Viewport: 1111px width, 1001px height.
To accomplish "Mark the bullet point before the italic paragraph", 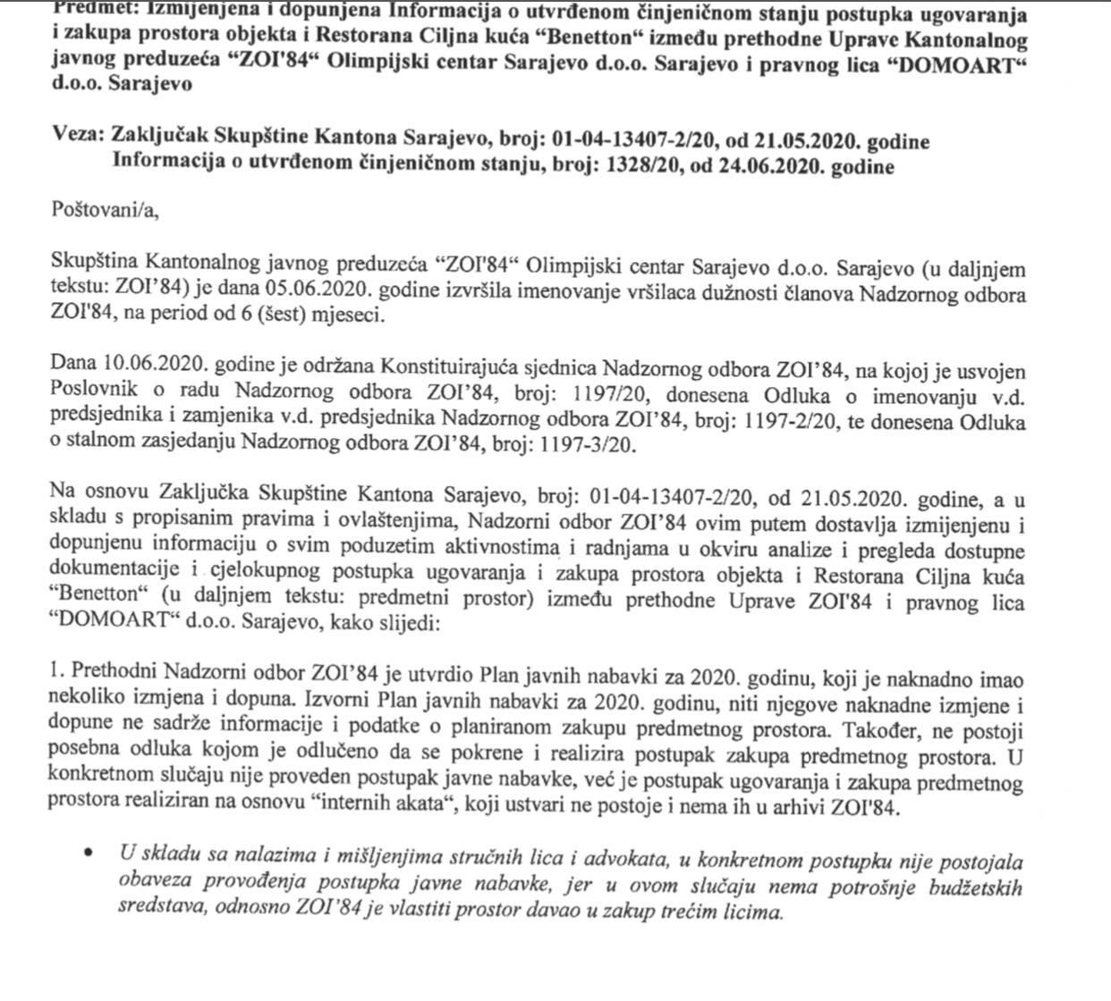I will [88, 853].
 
